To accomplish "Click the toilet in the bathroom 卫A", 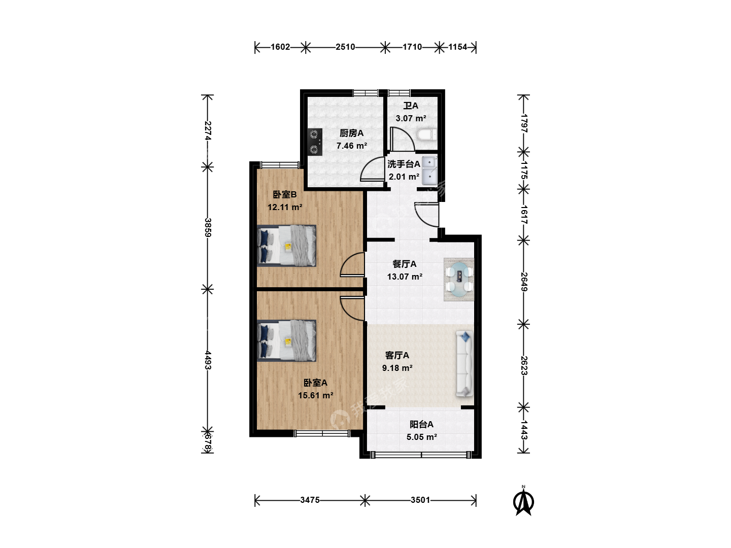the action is pyautogui.click(x=426, y=134).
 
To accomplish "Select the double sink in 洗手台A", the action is pyautogui.click(x=429, y=170).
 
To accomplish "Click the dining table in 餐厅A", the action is pyautogui.click(x=459, y=280).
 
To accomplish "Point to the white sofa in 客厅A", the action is pyautogui.click(x=464, y=364).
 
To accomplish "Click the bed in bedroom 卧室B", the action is pyautogui.click(x=286, y=246).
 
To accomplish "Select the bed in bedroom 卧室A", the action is pyautogui.click(x=286, y=340).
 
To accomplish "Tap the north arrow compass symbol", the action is pyautogui.click(x=523, y=500).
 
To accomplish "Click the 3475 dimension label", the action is pyautogui.click(x=310, y=500).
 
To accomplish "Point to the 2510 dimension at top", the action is pyautogui.click(x=345, y=47).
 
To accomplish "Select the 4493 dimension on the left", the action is pyautogui.click(x=208, y=360).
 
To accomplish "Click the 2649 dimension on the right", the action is pyautogui.click(x=524, y=282).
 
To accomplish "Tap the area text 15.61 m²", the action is pyautogui.click(x=315, y=395).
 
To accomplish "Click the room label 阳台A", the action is pyautogui.click(x=421, y=424).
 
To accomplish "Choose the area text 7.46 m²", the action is pyautogui.click(x=352, y=146).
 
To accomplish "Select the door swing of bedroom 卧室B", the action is pyautogui.click(x=352, y=264).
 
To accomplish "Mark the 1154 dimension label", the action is pyautogui.click(x=457, y=47).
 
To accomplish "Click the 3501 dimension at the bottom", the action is pyautogui.click(x=420, y=500).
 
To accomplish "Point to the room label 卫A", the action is pyautogui.click(x=411, y=106).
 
